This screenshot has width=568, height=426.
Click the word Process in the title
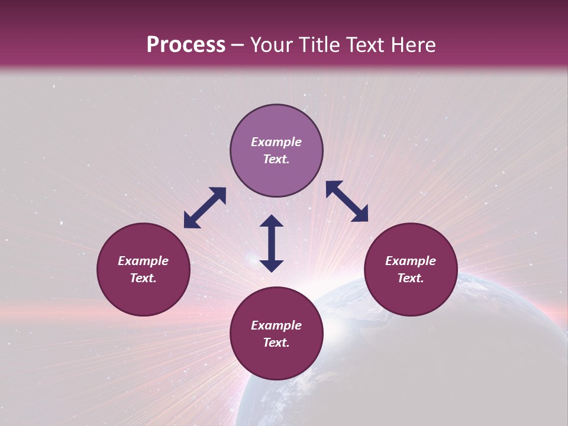click(x=186, y=45)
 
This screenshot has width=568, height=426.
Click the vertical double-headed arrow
click(x=272, y=243)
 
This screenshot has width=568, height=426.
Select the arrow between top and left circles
click(x=205, y=208)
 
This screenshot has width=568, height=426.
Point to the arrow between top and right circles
click(x=347, y=201)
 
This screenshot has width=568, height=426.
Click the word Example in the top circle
click(x=276, y=142)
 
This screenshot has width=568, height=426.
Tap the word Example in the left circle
click(x=143, y=261)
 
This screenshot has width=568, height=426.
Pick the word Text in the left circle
click(x=143, y=278)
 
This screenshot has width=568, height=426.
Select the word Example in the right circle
click(x=411, y=261)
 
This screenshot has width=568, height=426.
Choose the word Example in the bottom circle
click(x=276, y=325)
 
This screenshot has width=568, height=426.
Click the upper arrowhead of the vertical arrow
click(x=272, y=221)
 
